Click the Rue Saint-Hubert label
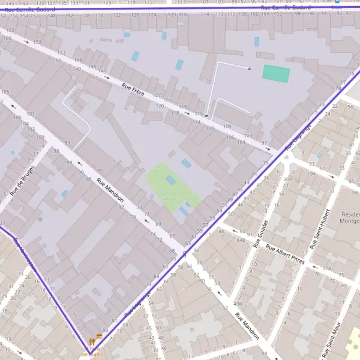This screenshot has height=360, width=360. [320, 229]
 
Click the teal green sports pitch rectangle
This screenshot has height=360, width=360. [276, 74]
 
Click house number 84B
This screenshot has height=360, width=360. [241, 239]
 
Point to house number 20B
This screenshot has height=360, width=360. [288, 179]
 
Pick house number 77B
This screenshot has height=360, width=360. [327, 268]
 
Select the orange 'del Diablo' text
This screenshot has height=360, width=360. [92, 354]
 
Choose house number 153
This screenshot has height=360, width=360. [61, 53]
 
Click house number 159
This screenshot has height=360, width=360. [37, 42]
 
